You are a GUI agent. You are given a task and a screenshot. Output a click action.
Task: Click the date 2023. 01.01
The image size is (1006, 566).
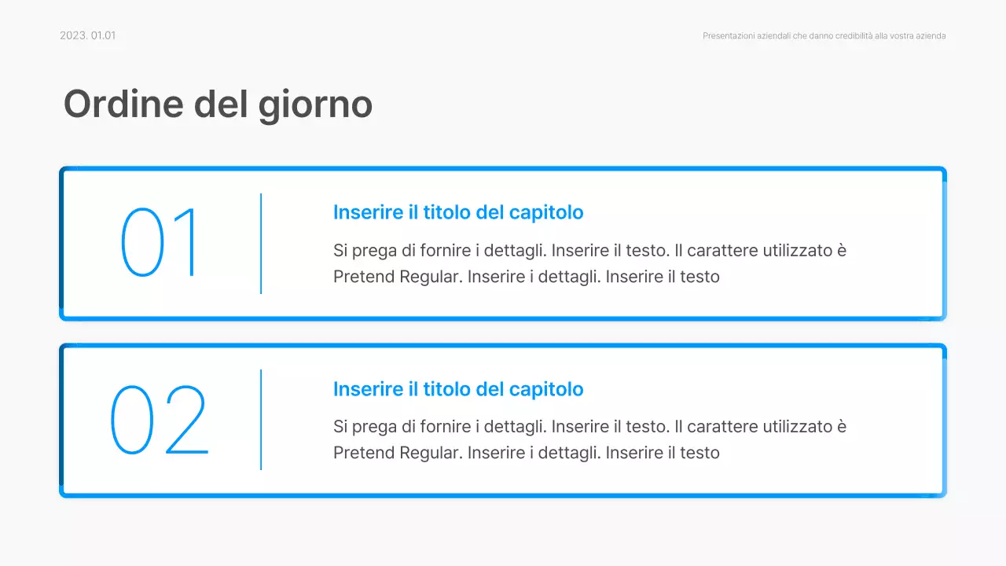point(87,35)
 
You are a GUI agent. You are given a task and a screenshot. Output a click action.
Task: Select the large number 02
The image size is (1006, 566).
point(160,420)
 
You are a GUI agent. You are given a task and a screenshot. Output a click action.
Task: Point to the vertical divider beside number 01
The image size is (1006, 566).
point(261,244)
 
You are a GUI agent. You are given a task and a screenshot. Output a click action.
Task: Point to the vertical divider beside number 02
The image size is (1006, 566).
point(261,420)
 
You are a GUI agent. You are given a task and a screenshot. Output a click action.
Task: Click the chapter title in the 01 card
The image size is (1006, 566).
point(458,212)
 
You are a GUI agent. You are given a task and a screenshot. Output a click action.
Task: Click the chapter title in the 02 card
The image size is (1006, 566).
point(458,389)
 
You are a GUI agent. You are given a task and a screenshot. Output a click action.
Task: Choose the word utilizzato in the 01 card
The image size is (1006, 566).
point(793,251)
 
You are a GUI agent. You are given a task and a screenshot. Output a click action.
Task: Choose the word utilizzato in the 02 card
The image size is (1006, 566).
point(793,427)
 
